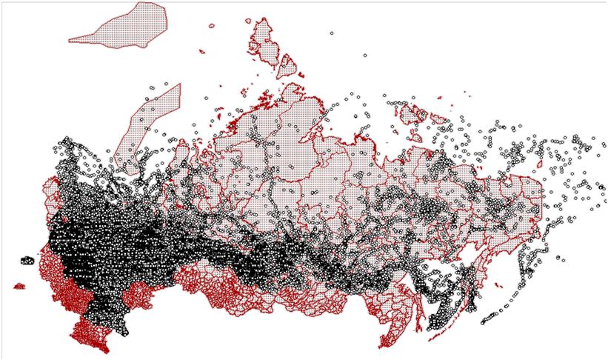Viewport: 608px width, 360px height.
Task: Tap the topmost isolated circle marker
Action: tap(331, 33)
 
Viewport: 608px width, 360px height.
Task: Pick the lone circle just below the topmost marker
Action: tap(364, 55)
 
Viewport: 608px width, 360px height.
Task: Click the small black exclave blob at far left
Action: tap(27, 260)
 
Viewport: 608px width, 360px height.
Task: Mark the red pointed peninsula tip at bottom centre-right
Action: tap(386, 344)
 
